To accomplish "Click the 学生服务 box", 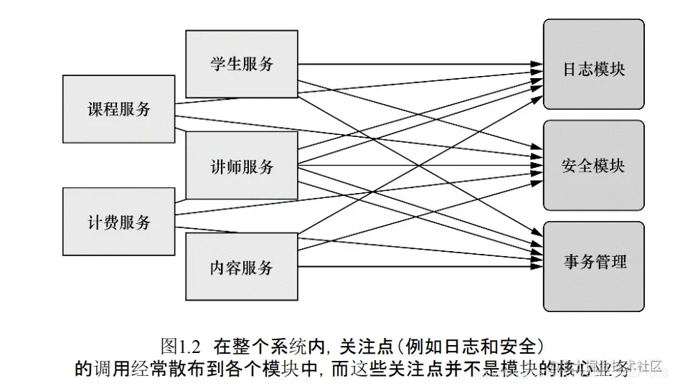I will tap(242, 64).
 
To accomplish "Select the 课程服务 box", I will tap(119, 109).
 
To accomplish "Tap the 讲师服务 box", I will tap(242, 166).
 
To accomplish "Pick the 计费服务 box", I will tap(119, 222).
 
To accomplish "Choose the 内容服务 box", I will tap(242, 268).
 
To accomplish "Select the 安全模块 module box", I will tap(593, 166).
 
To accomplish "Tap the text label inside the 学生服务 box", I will tap(242, 64).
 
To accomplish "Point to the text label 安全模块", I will tap(593, 166).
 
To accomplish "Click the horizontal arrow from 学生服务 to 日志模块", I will tap(416, 65).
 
